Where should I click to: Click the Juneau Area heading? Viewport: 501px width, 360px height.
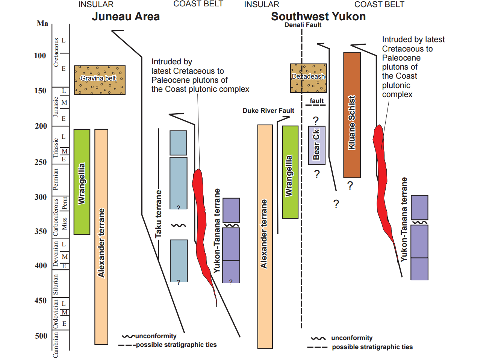click(x=126, y=17)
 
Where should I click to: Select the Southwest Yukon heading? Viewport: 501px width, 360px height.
click(x=318, y=17)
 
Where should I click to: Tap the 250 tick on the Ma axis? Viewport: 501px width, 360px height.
click(x=41, y=162)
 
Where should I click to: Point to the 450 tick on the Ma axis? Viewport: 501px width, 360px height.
click(x=41, y=301)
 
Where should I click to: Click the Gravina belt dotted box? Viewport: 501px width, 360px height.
click(x=100, y=80)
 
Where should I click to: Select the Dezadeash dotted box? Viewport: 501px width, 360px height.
click(x=309, y=78)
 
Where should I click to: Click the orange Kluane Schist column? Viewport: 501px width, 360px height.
click(x=352, y=115)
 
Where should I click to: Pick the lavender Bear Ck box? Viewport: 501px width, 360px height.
click(x=317, y=145)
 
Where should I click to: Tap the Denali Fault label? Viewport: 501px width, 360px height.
click(x=303, y=25)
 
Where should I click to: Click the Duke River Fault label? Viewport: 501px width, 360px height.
click(x=268, y=111)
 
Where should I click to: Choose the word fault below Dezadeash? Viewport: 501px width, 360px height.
click(x=317, y=101)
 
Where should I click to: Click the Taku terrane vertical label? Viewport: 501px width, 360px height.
click(x=158, y=214)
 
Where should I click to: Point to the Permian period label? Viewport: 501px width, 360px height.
click(x=56, y=179)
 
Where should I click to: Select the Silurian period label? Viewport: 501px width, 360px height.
click(x=55, y=284)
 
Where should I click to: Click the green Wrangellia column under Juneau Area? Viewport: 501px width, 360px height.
click(x=82, y=182)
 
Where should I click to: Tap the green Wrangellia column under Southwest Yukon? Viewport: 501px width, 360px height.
click(x=290, y=172)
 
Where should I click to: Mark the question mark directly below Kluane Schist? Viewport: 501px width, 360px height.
click(x=350, y=185)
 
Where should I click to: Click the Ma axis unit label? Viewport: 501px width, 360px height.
click(x=42, y=23)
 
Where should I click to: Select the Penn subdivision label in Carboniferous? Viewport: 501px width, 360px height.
click(x=64, y=203)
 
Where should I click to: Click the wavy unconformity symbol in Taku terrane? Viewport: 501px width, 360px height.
click(x=179, y=225)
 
